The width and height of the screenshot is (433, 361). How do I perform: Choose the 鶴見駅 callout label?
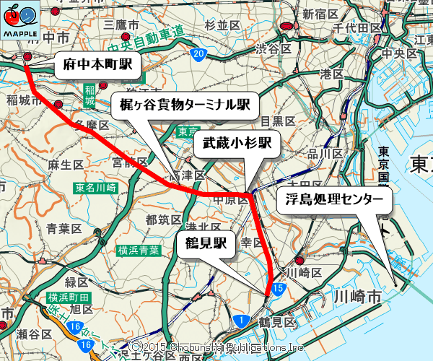click(x=205, y=244)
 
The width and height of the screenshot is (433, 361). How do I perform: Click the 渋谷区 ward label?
click(x=273, y=49)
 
